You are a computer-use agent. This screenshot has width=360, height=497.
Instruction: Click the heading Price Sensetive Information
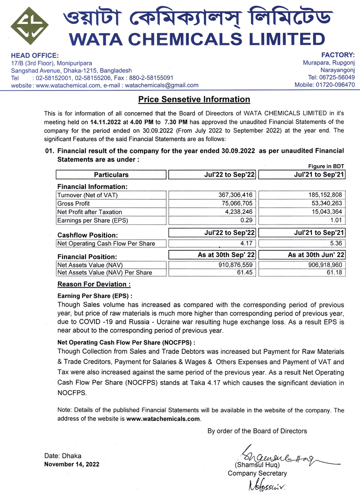point(194,99)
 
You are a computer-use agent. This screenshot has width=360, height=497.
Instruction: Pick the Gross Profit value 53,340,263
point(326,203)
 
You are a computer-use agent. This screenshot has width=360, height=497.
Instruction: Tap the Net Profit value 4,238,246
point(238,212)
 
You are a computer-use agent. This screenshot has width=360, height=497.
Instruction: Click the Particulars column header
point(111,175)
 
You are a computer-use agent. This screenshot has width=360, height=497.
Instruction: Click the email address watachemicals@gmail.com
point(162,85)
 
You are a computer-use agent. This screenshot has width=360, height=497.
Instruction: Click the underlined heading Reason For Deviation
point(94,285)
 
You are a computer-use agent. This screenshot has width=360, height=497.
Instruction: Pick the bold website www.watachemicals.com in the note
point(163,419)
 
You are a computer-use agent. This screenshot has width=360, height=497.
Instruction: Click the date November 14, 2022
point(72,464)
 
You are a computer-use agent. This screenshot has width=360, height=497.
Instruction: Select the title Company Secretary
point(257,473)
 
